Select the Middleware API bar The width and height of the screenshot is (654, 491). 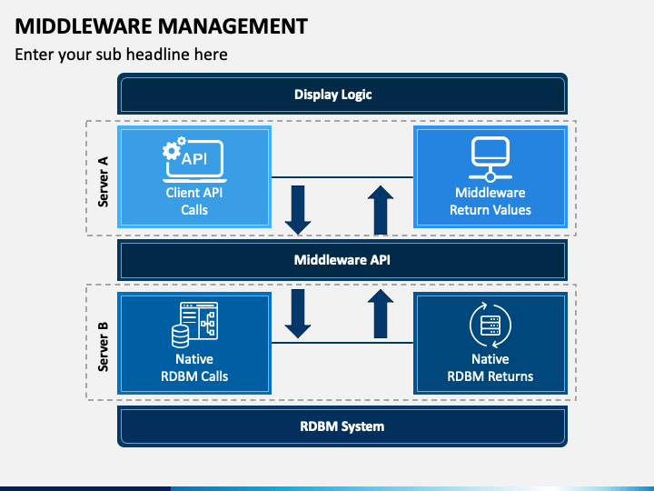[x=342, y=260]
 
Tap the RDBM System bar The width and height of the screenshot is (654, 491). [x=342, y=426]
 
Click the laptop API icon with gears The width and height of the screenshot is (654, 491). [x=193, y=158]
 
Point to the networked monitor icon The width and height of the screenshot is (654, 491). [x=490, y=157]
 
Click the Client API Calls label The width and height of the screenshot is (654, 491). [x=193, y=201]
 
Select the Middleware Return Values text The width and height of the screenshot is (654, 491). [x=490, y=201]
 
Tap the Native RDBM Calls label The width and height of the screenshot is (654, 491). [x=194, y=367]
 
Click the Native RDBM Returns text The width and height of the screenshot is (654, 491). [x=490, y=367]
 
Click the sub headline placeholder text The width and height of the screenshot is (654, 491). [x=121, y=55]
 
